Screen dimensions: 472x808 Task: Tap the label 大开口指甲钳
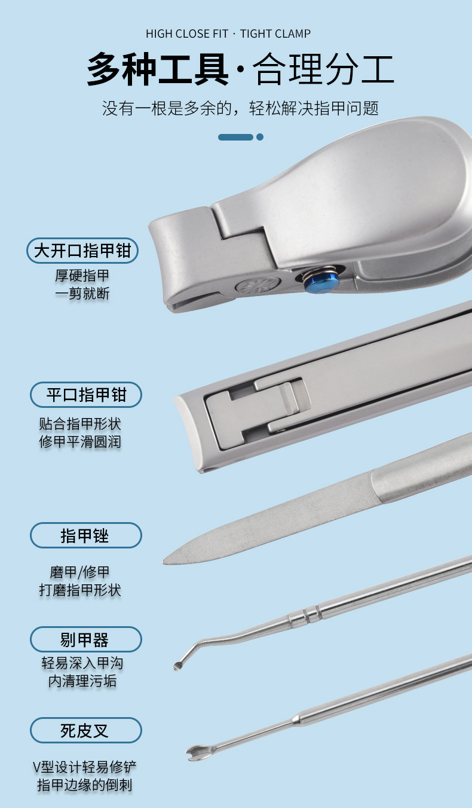click(x=82, y=251)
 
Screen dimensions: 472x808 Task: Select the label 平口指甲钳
click(x=86, y=395)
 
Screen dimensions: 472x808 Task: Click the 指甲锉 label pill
click(x=86, y=535)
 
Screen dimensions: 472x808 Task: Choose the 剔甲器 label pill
click(x=86, y=639)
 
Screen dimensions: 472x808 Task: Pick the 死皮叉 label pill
click(x=86, y=730)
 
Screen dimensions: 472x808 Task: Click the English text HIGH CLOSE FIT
click(x=187, y=33)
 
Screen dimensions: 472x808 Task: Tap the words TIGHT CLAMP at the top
click(x=275, y=33)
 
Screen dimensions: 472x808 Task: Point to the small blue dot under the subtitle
click(x=260, y=137)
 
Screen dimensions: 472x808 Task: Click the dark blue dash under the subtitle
click(x=235, y=137)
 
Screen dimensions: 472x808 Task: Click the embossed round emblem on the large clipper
click(x=259, y=287)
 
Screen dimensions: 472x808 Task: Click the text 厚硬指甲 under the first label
click(x=82, y=276)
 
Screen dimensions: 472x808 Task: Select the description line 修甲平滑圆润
click(x=80, y=441)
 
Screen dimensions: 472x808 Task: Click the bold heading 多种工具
click(x=158, y=69)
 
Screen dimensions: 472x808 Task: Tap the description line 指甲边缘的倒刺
click(x=85, y=785)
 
